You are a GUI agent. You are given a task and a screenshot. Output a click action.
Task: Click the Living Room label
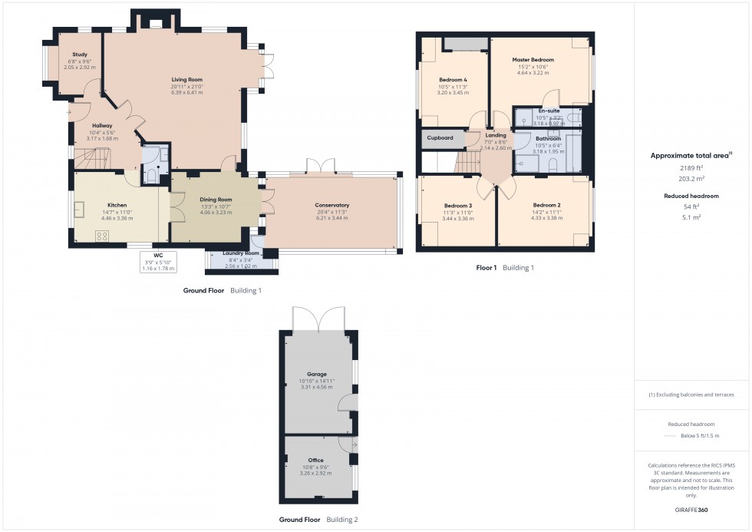186,79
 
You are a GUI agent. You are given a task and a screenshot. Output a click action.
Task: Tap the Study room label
80,55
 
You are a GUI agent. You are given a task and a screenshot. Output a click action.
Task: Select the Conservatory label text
331,205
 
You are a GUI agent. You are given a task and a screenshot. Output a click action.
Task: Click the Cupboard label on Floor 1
440,138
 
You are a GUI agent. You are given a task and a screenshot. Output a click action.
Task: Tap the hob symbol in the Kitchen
101,236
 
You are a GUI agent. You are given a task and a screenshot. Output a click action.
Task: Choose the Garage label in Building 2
317,375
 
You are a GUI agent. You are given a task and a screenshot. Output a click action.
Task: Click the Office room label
315,461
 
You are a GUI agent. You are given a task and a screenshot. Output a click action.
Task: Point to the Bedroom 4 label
453,80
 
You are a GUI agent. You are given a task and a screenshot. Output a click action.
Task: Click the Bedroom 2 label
547,205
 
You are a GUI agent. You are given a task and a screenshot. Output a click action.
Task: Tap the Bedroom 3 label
458,205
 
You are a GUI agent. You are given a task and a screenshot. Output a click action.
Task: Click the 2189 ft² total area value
691,167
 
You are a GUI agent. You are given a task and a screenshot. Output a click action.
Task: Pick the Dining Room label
216,200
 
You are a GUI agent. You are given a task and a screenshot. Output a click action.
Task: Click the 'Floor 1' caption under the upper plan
486,268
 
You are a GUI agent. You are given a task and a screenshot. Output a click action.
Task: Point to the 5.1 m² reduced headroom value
691,216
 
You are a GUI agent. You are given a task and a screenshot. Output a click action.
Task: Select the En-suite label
548,111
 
